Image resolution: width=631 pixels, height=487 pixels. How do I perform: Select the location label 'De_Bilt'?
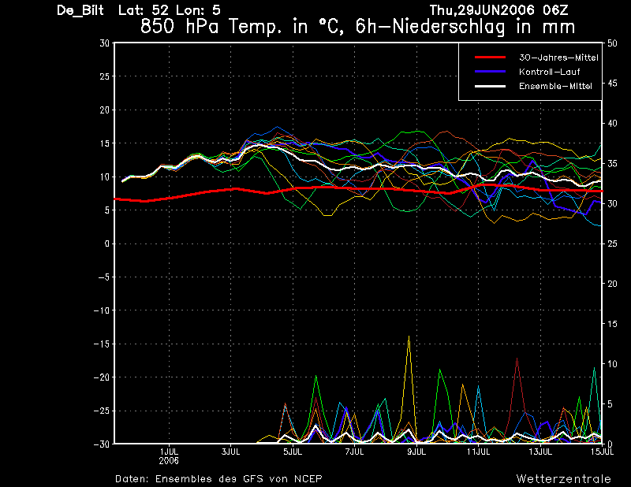coord(80,10)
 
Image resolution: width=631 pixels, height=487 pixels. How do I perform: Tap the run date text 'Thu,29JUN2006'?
coord(483,10)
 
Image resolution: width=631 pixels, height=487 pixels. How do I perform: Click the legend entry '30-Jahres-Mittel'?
coord(558,58)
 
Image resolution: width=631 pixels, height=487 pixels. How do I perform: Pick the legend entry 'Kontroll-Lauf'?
coord(549,72)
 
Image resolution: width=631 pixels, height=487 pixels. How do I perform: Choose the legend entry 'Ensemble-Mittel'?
coord(555,86)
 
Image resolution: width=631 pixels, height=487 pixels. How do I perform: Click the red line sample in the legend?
coord(490,58)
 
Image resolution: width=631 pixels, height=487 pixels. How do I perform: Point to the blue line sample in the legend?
coord(490,72)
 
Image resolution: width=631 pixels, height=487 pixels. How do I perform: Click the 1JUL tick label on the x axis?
coord(169,452)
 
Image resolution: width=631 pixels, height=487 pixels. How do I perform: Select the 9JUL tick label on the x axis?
coord(416,452)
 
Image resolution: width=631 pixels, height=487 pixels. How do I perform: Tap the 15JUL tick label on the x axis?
coord(602,452)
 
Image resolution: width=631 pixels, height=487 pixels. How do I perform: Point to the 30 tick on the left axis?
coord(104,43)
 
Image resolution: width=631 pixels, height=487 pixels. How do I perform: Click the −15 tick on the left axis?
coord(102,344)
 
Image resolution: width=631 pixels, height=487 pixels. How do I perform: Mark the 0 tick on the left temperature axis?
coord(106,243)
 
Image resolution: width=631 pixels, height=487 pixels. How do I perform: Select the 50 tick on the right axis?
coord(612,43)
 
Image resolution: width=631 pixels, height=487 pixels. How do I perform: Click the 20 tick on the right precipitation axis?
coord(612,284)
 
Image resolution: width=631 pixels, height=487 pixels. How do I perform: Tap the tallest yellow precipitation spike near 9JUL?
coord(409,336)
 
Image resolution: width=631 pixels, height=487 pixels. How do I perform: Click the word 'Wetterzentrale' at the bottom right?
coord(564,479)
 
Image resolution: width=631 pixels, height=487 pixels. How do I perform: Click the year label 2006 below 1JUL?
coord(169,461)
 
